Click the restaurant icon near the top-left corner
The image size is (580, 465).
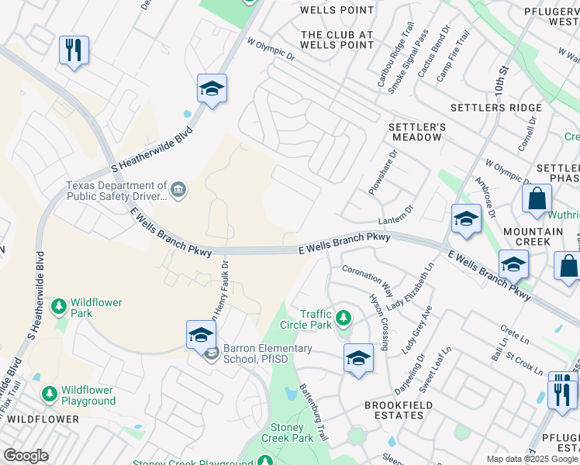click(74, 51)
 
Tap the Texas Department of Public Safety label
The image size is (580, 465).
click(116, 191)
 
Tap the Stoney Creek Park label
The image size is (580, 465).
click(292, 432)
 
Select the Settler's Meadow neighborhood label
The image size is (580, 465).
click(416, 132)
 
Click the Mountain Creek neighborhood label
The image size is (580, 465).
click(533, 236)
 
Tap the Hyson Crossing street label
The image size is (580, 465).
click(379, 313)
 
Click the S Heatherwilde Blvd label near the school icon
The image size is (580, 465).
click(152, 150)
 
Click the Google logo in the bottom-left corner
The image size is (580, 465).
click(26, 456)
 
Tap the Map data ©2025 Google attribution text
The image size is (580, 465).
click(532, 459)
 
